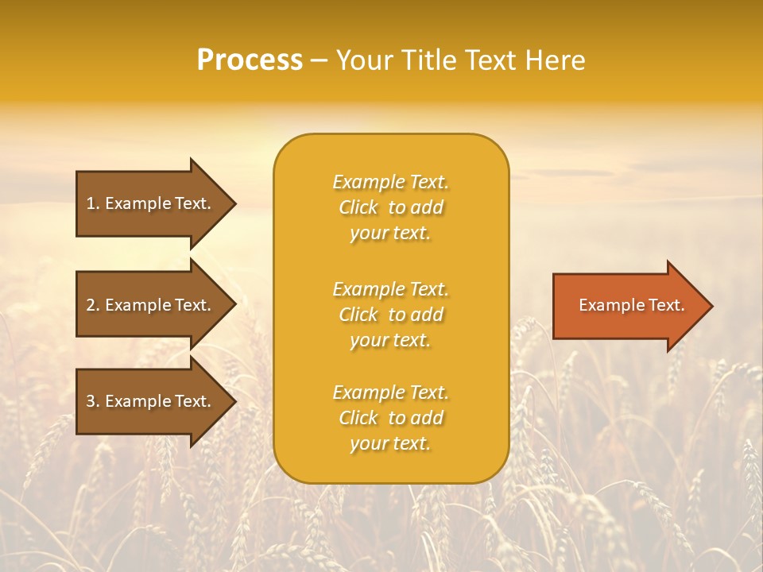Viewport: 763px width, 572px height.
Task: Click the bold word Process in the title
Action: coord(250,60)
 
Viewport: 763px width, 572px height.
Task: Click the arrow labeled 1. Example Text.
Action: coord(151,203)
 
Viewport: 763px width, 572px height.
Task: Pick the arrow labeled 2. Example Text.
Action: coord(151,305)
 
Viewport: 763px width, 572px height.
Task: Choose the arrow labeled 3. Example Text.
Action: coord(151,401)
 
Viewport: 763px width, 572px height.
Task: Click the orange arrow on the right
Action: coord(628,305)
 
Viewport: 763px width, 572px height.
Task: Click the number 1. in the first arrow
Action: coord(93,203)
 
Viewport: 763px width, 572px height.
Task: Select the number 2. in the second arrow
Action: coord(93,305)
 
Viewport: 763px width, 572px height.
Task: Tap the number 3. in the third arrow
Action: coord(93,401)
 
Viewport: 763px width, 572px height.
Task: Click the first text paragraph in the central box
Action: coord(390,207)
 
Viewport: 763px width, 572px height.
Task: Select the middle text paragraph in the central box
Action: coord(390,315)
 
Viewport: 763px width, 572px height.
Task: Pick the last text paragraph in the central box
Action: coord(390,418)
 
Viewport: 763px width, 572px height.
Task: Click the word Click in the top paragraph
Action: coord(358,207)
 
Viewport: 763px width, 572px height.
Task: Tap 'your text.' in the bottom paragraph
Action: coord(390,443)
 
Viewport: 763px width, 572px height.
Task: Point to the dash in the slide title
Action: coord(319,60)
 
